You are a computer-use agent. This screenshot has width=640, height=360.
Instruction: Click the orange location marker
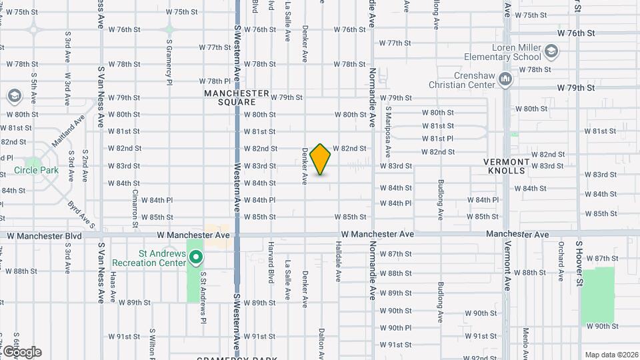[321, 159]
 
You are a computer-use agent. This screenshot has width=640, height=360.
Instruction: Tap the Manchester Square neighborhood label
[237, 97]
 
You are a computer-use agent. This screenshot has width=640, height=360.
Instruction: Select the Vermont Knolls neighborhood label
[507, 166]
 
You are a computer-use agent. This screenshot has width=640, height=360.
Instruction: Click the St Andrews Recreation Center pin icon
[195, 257]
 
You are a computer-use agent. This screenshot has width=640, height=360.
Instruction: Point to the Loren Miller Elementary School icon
[551, 51]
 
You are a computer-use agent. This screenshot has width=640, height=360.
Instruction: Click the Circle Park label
[37, 170]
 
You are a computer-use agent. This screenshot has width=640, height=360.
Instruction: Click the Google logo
[21, 351]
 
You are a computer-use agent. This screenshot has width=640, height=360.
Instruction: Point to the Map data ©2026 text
[611, 355]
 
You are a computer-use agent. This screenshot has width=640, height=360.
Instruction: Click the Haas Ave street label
[113, 285]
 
